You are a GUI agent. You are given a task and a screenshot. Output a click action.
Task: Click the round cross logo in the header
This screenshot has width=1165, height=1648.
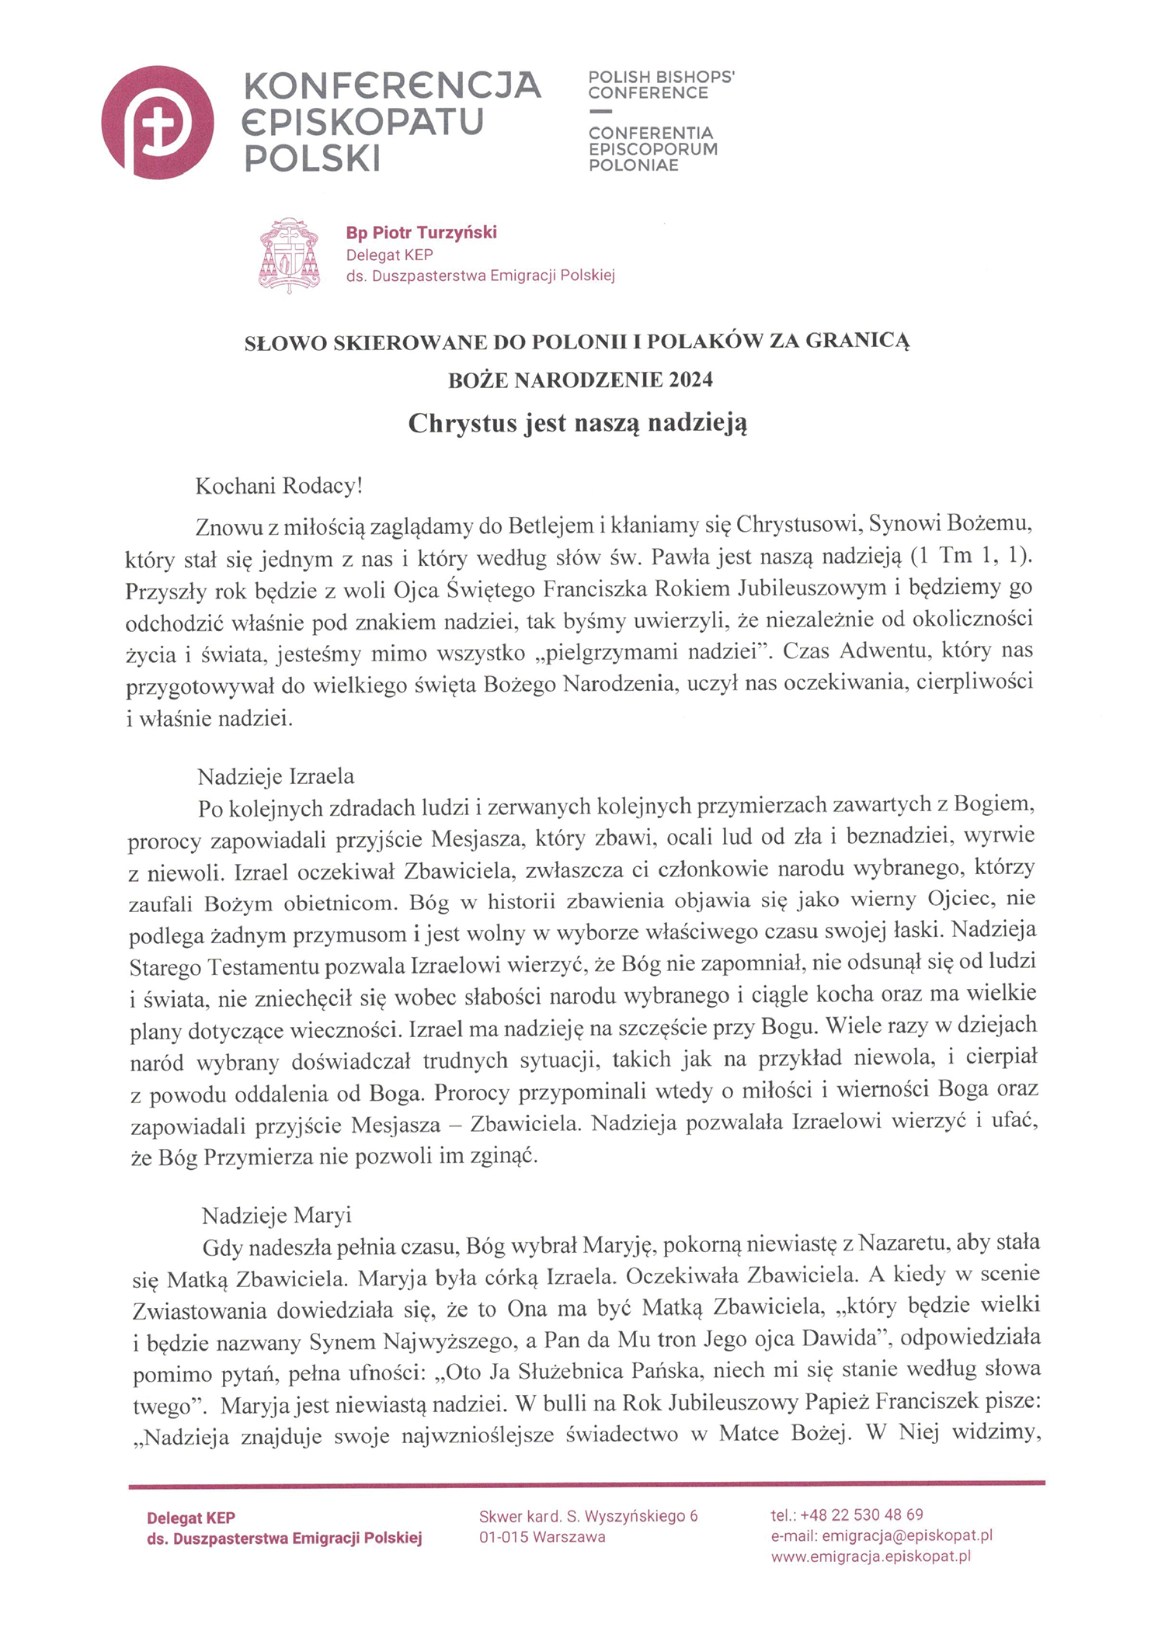point(158,123)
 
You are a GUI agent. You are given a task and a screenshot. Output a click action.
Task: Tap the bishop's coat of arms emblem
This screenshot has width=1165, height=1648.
point(289,255)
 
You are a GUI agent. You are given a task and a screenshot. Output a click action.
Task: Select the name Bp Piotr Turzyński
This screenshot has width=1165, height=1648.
point(421,232)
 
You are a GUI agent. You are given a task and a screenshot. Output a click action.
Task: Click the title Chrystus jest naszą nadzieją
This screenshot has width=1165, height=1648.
point(577,424)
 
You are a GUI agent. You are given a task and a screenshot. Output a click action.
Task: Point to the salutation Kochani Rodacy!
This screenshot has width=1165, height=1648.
point(279,486)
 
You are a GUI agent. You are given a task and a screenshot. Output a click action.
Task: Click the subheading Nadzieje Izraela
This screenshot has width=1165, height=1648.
point(276,776)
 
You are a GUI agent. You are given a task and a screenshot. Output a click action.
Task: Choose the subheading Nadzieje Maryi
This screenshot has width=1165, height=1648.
point(276,1215)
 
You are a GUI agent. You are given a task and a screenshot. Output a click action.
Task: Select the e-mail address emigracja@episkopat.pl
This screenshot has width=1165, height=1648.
point(907,1535)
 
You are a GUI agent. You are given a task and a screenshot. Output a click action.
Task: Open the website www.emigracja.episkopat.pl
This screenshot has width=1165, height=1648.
point(871,1556)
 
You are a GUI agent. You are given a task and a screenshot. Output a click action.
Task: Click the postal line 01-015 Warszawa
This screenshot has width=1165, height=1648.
point(542,1537)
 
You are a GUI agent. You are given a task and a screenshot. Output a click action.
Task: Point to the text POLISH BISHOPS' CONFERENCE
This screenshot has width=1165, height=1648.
point(661,85)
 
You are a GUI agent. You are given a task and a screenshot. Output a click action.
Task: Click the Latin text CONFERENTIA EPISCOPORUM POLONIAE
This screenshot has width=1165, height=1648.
point(652,149)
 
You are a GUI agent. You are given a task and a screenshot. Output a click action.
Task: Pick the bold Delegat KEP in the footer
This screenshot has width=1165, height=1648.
point(191,1518)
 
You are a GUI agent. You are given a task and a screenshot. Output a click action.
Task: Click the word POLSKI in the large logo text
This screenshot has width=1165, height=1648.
point(313,158)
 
